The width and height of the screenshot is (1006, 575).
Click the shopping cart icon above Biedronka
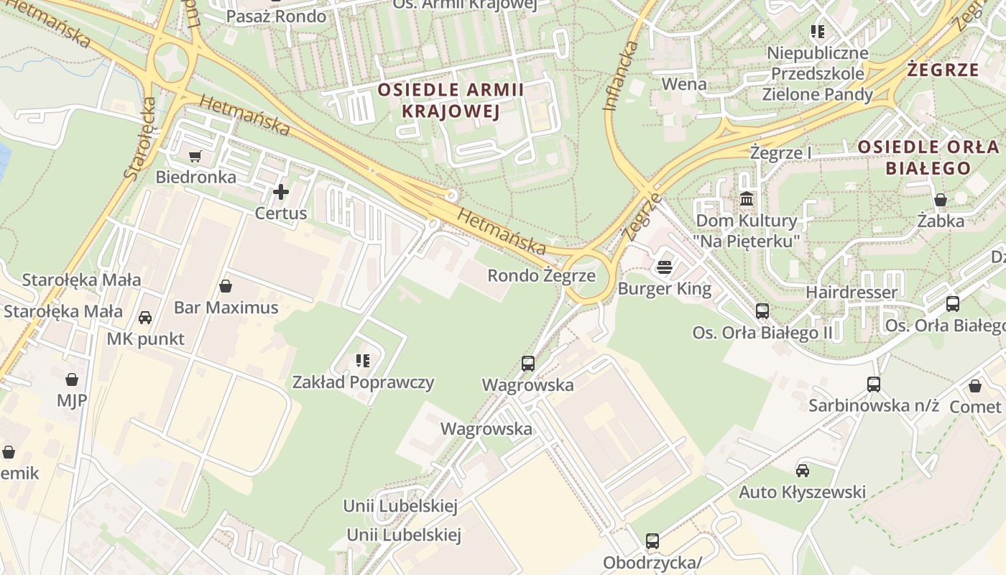pos(194,156)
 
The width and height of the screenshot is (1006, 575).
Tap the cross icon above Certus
pos(280,192)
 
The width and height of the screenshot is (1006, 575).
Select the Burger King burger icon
pos(665,268)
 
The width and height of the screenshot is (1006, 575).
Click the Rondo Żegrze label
pos(541,275)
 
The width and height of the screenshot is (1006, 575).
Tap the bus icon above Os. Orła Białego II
pos(762,311)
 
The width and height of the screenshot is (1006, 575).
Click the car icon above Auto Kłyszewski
pos(802,471)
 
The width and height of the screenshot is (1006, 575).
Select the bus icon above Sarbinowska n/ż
pos(873,384)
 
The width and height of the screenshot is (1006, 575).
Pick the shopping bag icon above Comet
pos(974,386)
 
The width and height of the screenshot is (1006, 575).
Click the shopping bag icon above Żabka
pos(940,199)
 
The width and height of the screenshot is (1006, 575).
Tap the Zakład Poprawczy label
pos(363,382)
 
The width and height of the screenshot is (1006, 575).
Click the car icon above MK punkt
pos(144,317)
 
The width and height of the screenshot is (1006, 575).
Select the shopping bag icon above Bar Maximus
pos(226,286)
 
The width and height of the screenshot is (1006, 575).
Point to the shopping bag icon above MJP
pos(71,379)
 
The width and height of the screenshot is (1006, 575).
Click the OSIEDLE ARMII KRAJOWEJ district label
pos(451,100)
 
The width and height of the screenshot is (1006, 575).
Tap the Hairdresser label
pos(852,293)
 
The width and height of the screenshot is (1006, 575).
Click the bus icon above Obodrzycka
pos(652,540)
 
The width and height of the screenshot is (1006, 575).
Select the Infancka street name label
pos(620,75)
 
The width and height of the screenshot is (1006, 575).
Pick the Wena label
pos(683,83)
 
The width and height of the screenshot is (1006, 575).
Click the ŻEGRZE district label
pos(943,70)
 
